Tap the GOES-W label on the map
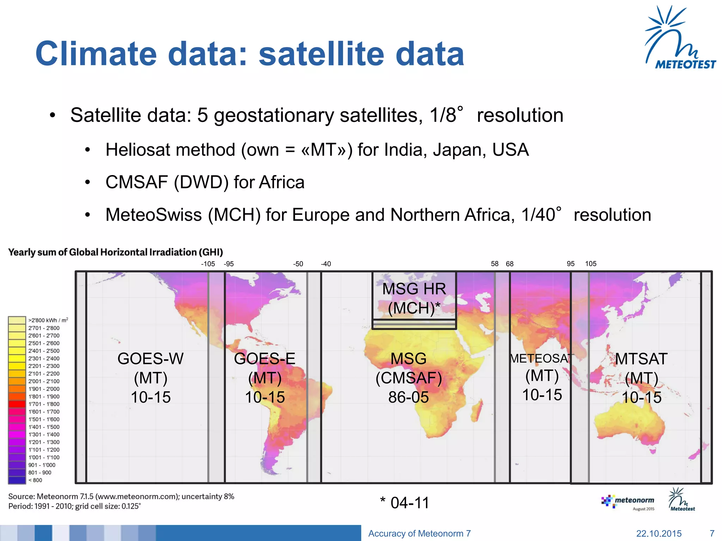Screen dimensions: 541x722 tap(151, 359)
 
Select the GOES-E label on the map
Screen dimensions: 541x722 tap(264, 359)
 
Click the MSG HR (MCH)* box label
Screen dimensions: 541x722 tap(414, 298)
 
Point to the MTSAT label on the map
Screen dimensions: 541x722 tap(641, 359)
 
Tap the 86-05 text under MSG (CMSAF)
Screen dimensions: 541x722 tap(408, 397)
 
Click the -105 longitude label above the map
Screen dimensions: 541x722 tap(208, 264)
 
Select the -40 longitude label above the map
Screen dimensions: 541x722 tap(326, 264)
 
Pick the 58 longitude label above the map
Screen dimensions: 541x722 tap(495, 264)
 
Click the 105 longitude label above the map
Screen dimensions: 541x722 tap(591, 264)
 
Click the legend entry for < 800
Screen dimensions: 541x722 tap(35, 480)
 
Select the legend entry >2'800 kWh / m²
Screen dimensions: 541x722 tap(48, 320)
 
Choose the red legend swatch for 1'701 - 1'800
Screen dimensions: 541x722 tap(17, 404)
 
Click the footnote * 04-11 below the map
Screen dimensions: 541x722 tap(405, 503)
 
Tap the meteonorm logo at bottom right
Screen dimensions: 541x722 tap(628, 502)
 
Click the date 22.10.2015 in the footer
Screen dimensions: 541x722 tap(659, 533)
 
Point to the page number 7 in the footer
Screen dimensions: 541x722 tap(712, 533)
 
